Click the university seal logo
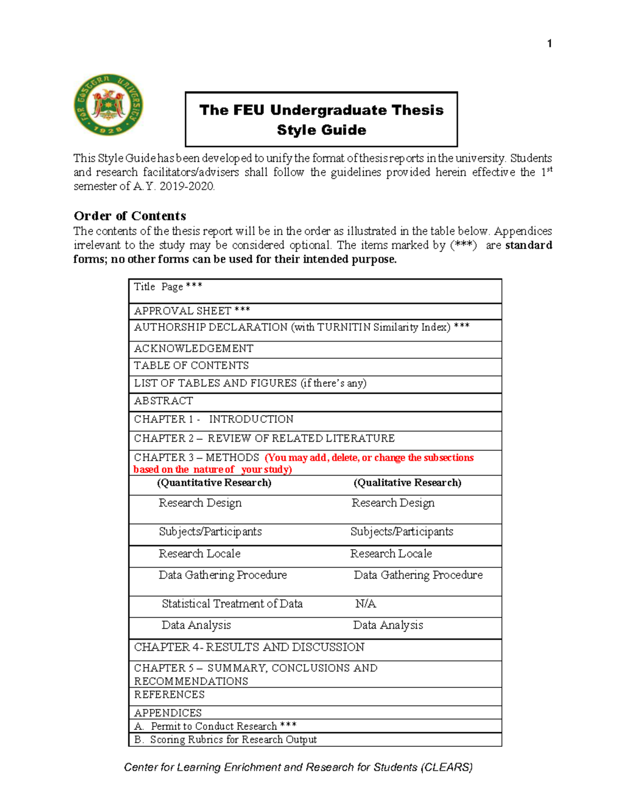[x=109, y=105]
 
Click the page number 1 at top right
[x=549, y=44]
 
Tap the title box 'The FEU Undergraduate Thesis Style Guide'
[x=321, y=119]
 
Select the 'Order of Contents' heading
[x=130, y=216]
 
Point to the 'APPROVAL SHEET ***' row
[x=192, y=311]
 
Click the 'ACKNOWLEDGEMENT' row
[x=194, y=348]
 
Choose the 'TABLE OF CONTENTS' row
[x=191, y=366]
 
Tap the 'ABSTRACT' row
[x=163, y=401]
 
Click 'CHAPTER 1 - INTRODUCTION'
[x=213, y=419]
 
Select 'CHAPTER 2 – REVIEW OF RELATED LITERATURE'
[x=264, y=439]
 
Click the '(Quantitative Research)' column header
[x=214, y=483]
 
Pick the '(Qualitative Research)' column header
[x=407, y=483]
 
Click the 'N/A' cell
[x=365, y=604]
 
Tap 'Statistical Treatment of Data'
[x=232, y=604]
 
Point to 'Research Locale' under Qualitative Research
[x=391, y=554]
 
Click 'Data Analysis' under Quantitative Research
[x=196, y=625]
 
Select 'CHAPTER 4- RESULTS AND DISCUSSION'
[x=249, y=647]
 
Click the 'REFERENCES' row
[x=169, y=695]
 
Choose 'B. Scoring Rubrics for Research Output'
[x=225, y=740]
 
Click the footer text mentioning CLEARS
[x=298, y=767]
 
